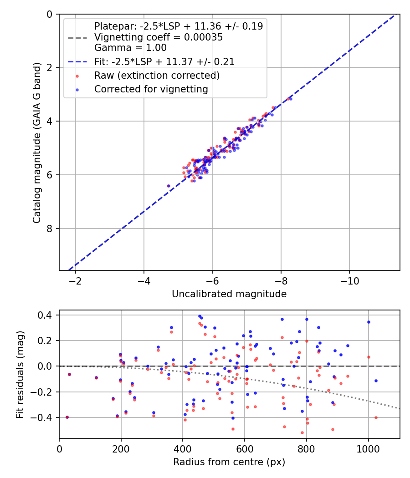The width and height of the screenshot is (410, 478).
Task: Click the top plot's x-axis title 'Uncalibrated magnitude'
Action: pos(229,294)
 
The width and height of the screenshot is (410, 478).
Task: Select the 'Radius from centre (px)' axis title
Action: pos(229,462)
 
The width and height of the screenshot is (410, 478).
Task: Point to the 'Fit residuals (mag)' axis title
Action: pos(20,375)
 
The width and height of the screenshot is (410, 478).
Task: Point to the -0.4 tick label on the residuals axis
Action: pos(45,417)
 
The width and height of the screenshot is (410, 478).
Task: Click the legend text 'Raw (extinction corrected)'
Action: pos(157,75)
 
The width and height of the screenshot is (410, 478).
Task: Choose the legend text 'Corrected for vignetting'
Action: pos(151,89)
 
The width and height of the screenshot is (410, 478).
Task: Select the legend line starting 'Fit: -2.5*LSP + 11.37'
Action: pos(164,61)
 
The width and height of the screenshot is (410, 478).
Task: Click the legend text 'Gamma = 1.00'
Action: pos(130,47)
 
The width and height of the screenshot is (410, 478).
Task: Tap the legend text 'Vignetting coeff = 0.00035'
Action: pos(159,37)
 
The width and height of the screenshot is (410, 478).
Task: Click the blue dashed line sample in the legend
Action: pos(77,61)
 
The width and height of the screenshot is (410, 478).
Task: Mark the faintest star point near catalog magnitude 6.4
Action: pos(169,186)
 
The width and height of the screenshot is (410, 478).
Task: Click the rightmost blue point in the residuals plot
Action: pos(376,381)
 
